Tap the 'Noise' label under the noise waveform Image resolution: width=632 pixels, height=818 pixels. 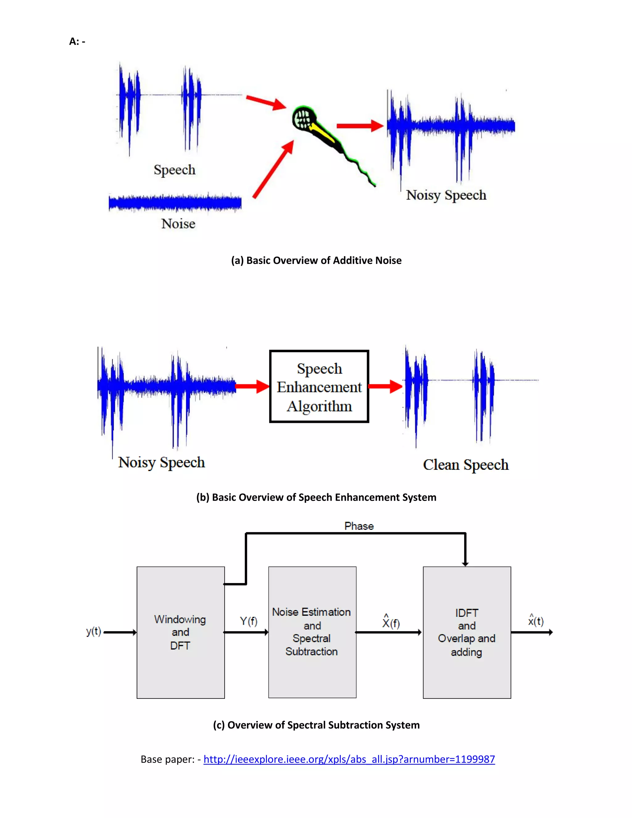(178, 223)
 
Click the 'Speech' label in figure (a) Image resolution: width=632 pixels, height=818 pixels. (174, 170)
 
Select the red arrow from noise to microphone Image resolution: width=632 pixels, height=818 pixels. (272, 170)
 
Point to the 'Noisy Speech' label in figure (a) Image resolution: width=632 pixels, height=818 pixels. (446, 195)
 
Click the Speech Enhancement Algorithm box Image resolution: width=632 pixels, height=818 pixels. (319, 386)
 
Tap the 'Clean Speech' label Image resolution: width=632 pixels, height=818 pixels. (465, 465)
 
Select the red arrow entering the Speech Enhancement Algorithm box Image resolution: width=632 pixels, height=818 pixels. (252, 386)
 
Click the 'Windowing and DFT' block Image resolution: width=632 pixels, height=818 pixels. (181, 632)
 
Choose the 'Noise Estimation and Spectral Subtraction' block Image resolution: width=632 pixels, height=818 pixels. (312, 632)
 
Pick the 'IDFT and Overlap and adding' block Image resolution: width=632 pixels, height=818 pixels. (467, 632)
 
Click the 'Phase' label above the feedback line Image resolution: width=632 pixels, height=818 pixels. (359, 526)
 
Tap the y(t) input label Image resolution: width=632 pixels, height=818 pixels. (93, 632)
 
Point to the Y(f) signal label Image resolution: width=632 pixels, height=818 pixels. (248, 621)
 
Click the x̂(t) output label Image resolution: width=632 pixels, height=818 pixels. (535, 621)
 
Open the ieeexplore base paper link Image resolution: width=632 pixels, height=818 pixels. (349, 759)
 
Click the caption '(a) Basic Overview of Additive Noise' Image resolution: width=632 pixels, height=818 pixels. (316, 260)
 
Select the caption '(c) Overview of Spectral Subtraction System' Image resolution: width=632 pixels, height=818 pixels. (316, 725)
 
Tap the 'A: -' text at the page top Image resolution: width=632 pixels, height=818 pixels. (77, 41)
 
